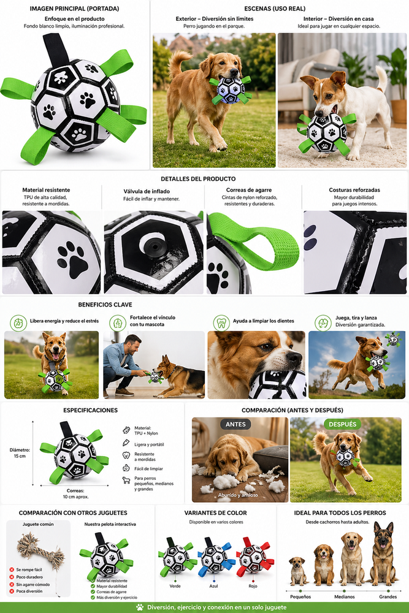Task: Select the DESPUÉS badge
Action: (343, 424)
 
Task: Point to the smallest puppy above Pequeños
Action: (297, 571)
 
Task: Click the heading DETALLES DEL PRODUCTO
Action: (198, 179)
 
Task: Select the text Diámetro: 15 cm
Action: (20, 453)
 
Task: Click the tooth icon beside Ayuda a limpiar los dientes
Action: (221, 323)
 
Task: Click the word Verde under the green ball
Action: (175, 586)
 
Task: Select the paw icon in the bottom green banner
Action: (140, 607)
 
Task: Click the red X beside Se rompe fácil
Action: (12, 569)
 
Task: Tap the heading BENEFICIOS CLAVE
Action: (105, 305)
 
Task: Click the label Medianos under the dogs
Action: (345, 596)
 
